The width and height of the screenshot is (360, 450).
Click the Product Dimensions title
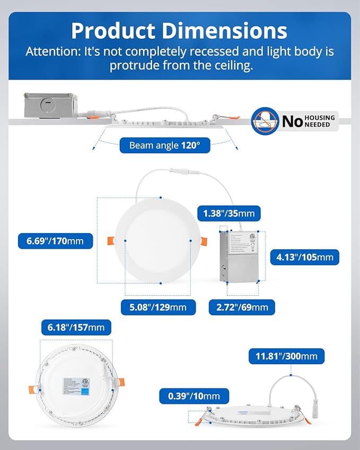click(179, 30)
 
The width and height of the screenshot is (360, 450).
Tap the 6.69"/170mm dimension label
click(51, 241)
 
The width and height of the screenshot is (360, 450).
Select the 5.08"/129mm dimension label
click(160, 307)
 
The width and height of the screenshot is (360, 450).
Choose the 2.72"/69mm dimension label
click(242, 307)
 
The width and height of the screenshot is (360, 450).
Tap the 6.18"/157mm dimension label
click(76, 327)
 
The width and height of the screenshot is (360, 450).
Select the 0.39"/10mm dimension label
click(194, 395)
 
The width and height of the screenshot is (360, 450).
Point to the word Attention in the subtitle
click(53, 52)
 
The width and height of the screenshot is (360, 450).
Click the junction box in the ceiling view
click(49, 105)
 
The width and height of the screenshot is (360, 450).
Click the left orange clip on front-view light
click(109, 240)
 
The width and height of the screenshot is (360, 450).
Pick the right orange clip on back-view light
click(121, 381)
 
